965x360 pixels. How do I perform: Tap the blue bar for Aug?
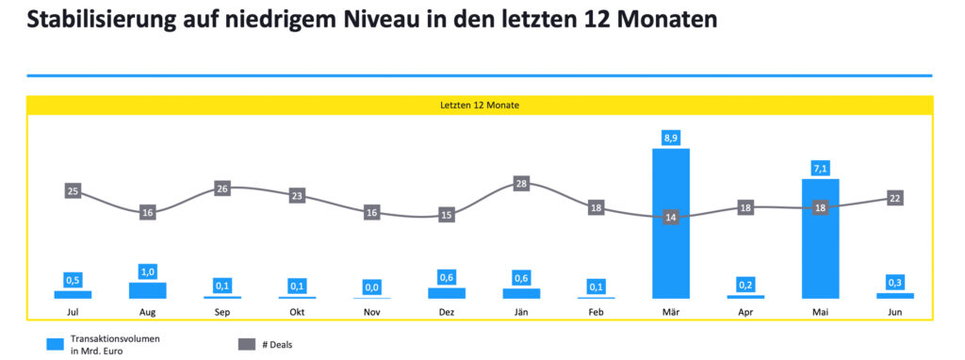click(147, 290)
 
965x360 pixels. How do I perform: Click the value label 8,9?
click(671, 138)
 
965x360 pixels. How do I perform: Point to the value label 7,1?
click(820, 168)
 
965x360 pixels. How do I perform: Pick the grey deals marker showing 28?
click(521, 183)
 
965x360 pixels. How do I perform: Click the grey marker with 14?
click(671, 217)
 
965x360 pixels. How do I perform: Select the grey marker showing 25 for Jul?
click(73, 191)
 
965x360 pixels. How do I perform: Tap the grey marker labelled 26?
click(222, 188)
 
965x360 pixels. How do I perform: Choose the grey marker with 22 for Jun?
click(895, 198)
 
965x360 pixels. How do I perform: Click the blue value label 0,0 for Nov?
click(371, 286)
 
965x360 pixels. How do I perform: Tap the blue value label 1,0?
click(147, 271)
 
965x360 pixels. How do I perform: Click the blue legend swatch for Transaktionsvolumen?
click(56, 344)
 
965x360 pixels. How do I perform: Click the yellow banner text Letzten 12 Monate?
click(479, 106)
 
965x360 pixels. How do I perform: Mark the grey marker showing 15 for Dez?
click(447, 215)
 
